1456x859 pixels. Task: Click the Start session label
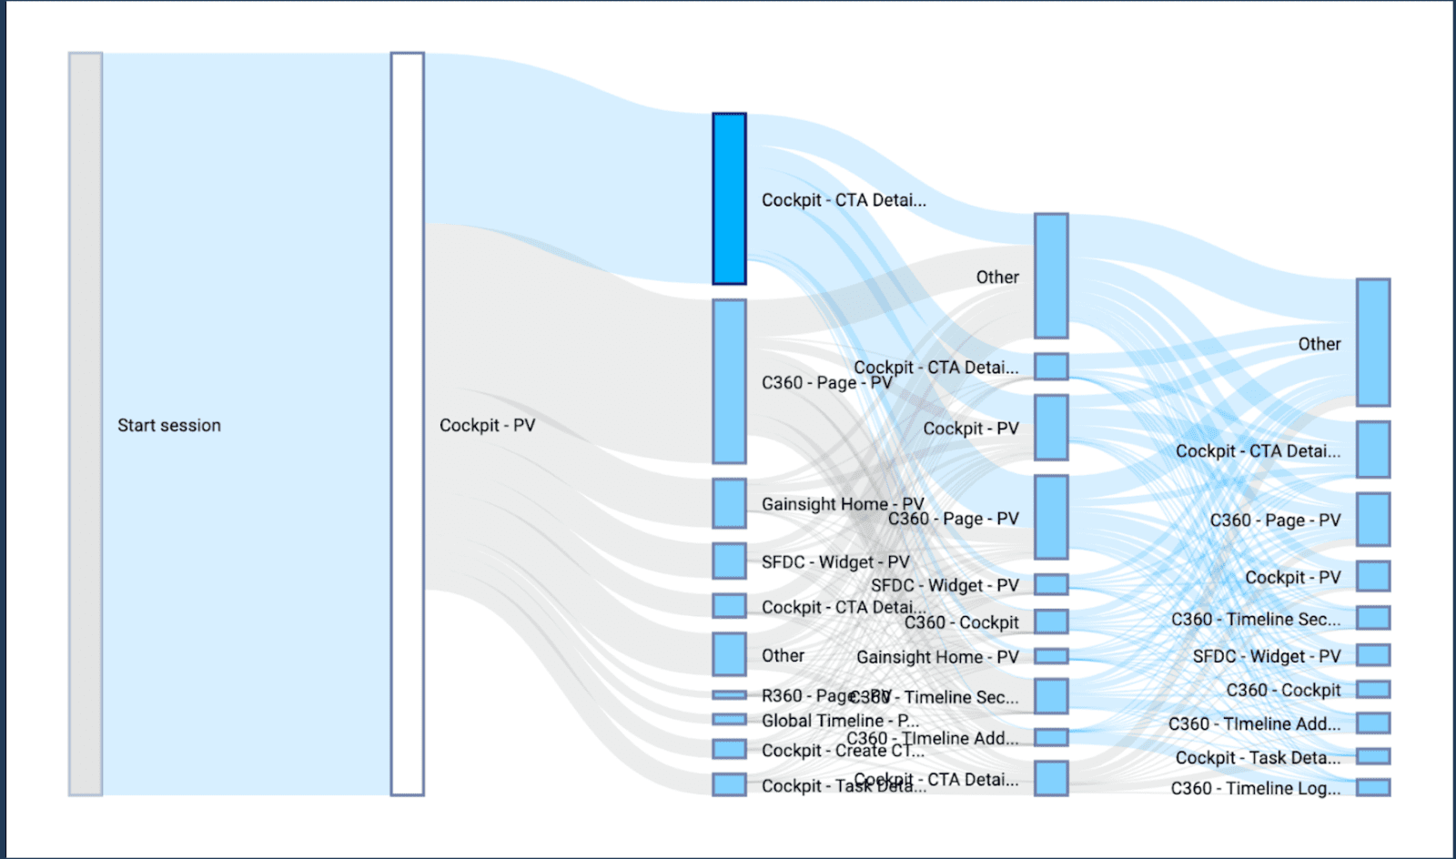(169, 425)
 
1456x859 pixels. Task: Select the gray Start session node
(86, 424)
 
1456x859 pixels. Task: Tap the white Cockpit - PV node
(408, 424)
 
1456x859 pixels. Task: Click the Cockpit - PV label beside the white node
(487, 425)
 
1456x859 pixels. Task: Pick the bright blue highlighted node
(729, 198)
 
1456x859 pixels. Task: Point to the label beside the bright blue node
(844, 200)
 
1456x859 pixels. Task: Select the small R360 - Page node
(729, 695)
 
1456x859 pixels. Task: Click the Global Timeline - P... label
(839, 721)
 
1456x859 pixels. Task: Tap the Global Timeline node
(729, 720)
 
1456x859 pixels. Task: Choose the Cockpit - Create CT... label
(842, 751)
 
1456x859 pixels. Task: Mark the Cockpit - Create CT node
(729, 749)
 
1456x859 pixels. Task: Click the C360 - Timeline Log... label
(1255, 788)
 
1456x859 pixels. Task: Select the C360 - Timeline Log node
(1373, 787)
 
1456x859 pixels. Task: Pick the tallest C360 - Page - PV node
(729, 381)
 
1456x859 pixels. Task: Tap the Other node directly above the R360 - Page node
(729, 654)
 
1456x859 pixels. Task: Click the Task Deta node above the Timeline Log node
(1373, 756)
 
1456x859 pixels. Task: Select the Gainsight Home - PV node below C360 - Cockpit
(1051, 656)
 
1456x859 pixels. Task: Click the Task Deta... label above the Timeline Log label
(1257, 758)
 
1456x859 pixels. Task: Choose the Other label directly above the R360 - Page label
(783, 655)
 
